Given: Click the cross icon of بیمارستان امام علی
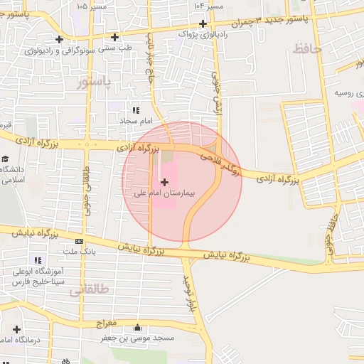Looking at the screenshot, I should point(166,182).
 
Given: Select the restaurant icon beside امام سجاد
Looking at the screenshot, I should point(135,110).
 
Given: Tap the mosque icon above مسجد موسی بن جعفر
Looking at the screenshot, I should point(138,328).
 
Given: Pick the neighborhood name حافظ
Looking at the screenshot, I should point(307,48).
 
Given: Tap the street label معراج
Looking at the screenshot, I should point(107,323).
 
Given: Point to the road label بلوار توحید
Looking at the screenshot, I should point(189,296).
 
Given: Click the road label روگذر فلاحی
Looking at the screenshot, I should point(221,161).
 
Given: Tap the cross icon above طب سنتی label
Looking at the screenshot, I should point(114,37).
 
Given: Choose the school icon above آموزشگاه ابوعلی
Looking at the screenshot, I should point(38,260).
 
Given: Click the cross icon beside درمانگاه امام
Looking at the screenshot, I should point(17,329).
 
